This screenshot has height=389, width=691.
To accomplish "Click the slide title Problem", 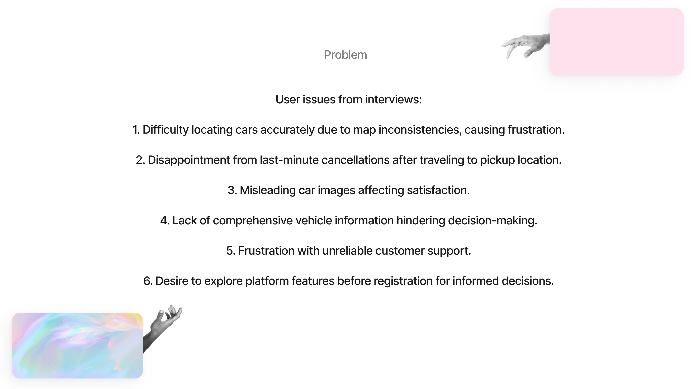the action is [x=345, y=55].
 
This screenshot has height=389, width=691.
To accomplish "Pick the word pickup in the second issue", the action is [x=497, y=160].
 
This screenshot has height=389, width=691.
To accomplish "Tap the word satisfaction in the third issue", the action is [x=438, y=190].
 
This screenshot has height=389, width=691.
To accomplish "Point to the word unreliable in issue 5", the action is [x=347, y=251].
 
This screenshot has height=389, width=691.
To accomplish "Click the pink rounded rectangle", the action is [x=616, y=42].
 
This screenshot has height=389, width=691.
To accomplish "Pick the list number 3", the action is [x=232, y=190].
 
